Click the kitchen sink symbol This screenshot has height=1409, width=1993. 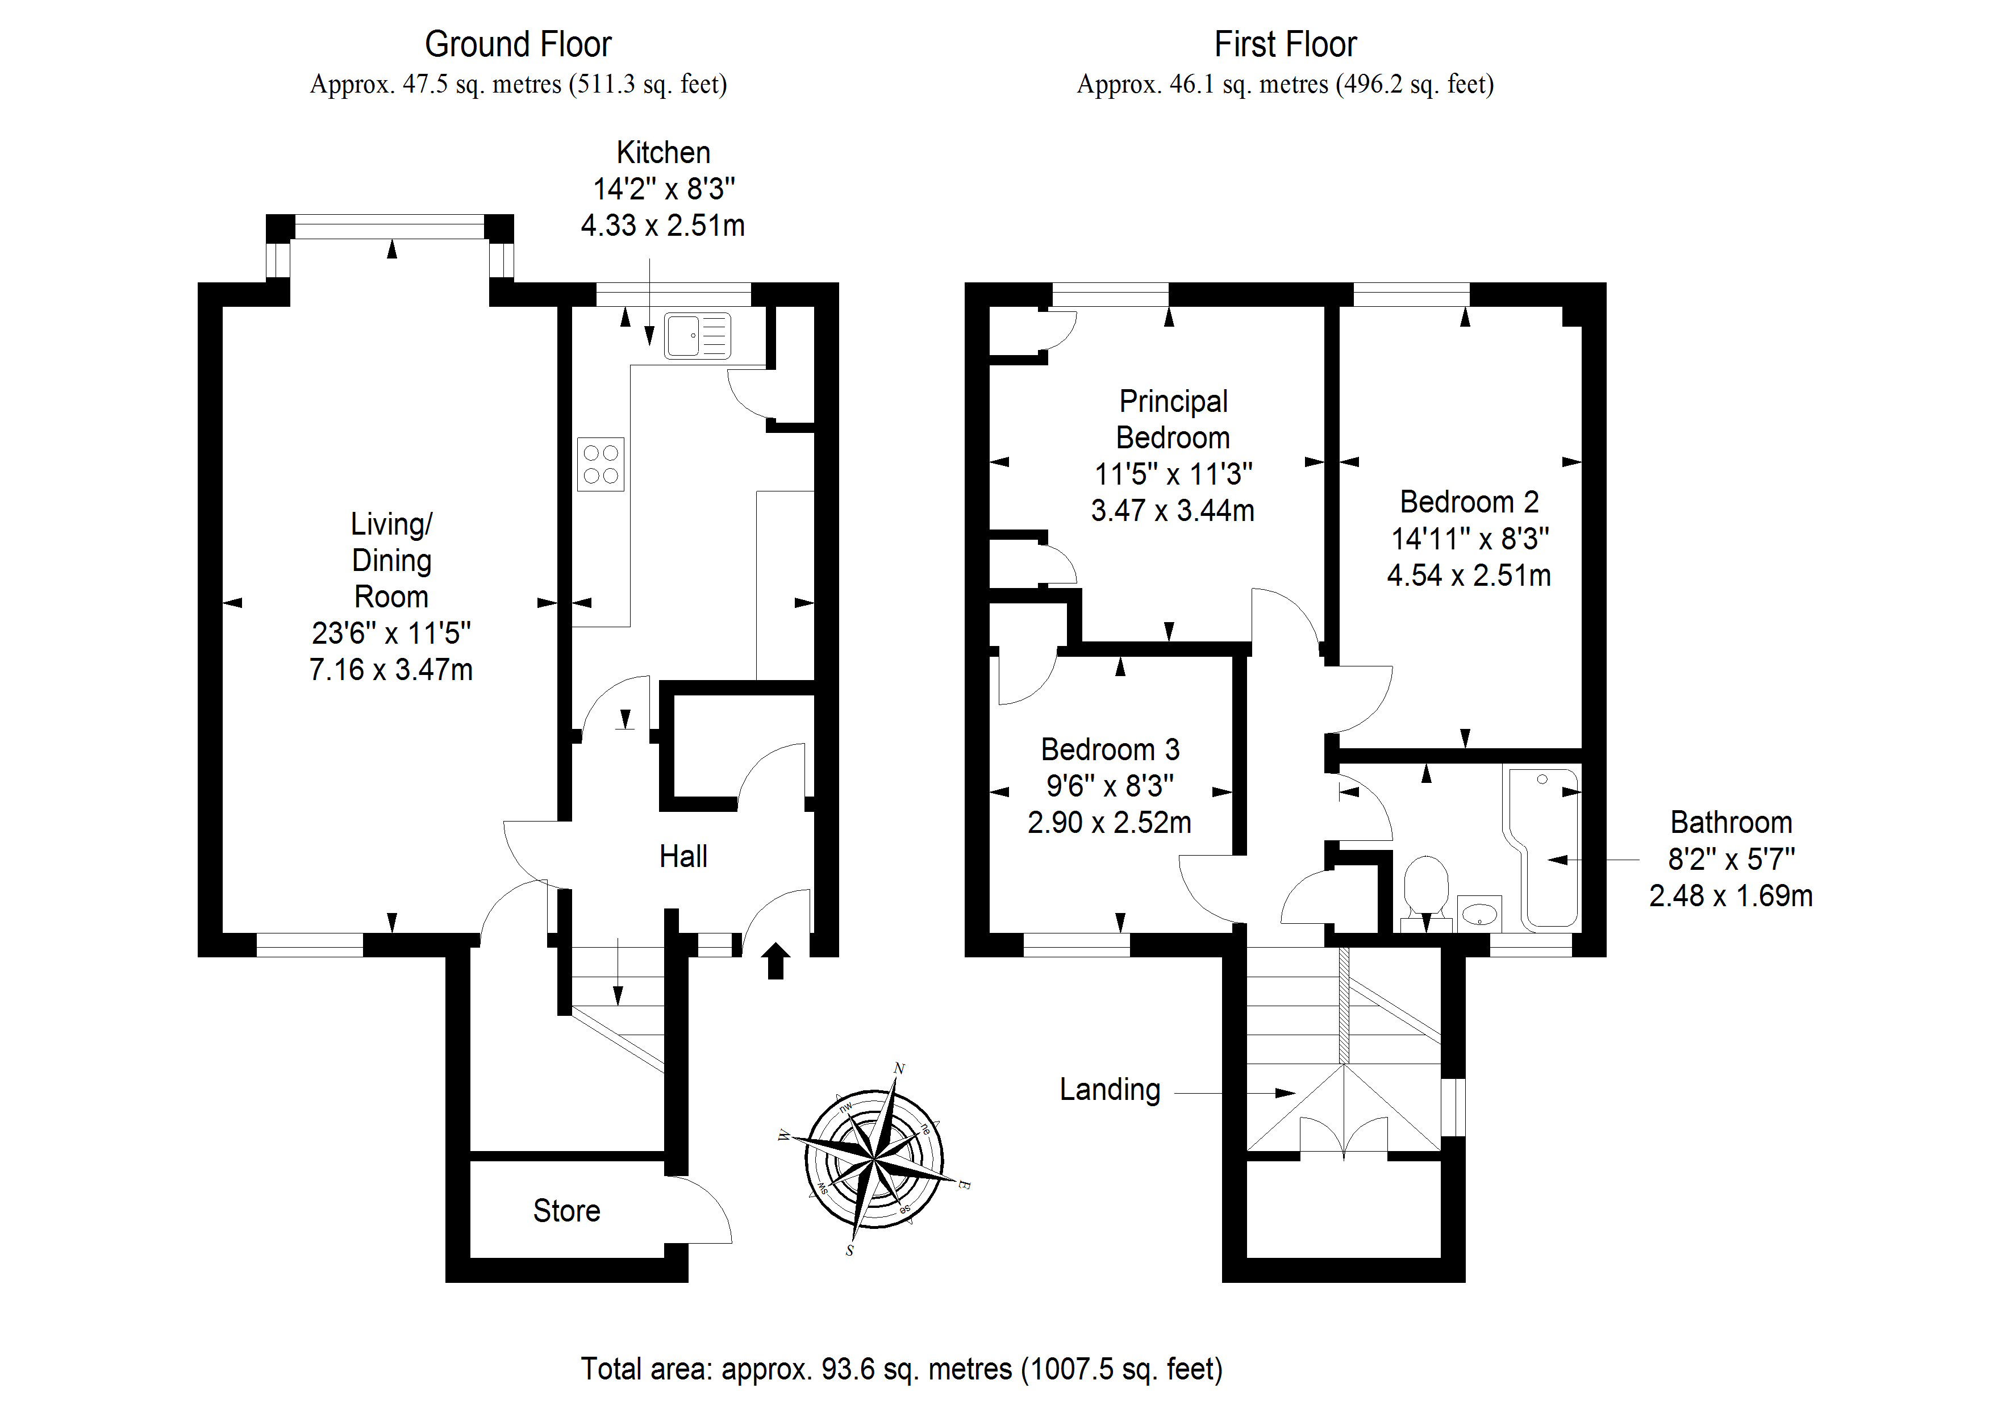click(x=697, y=335)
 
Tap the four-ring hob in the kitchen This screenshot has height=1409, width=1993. click(x=601, y=464)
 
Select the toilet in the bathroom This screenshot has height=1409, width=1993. click(x=1425, y=887)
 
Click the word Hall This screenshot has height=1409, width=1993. click(x=683, y=857)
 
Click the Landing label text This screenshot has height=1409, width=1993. click(x=1110, y=1090)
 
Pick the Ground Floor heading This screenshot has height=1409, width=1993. click(x=518, y=44)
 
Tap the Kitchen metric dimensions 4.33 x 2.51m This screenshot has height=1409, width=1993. click(x=662, y=226)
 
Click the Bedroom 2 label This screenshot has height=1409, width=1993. click(x=1469, y=502)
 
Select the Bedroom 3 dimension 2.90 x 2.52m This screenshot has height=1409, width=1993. click(x=1110, y=822)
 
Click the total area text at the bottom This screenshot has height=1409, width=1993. click(x=901, y=1369)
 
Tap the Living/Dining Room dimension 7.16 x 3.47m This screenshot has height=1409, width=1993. click(x=391, y=669)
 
